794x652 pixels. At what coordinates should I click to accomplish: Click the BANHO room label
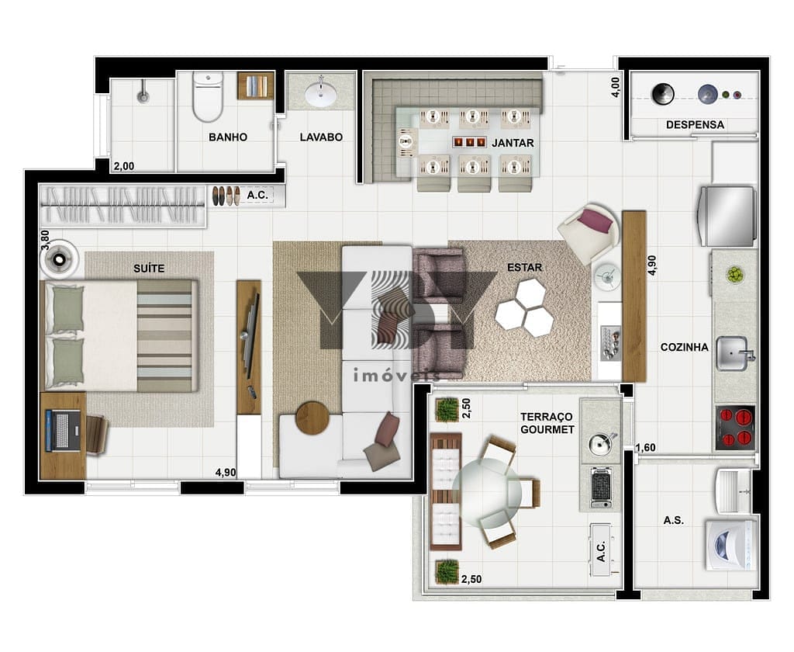(228, 137)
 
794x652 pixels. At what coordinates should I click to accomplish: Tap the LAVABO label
(321, 137)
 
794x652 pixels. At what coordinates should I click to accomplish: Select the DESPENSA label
(695, 125)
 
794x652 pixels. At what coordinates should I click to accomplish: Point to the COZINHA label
(684, 347)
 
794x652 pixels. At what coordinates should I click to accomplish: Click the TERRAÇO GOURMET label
(547, 423)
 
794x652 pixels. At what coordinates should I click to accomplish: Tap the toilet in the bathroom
(208, 96)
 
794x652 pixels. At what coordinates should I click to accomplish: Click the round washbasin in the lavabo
(320, 93)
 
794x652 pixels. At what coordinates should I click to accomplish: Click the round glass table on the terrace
(487, 492)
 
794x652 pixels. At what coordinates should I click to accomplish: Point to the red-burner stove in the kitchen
(735, 428)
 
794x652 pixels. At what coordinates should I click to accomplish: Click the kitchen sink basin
(732, 353)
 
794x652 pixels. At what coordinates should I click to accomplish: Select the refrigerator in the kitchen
(727, 216)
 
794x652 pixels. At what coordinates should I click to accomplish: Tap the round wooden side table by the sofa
(312, 418)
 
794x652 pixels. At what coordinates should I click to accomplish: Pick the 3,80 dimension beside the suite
(45, 240)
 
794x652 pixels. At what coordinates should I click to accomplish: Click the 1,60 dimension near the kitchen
(645, 448)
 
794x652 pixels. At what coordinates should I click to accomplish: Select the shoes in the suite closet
(226, 196)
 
